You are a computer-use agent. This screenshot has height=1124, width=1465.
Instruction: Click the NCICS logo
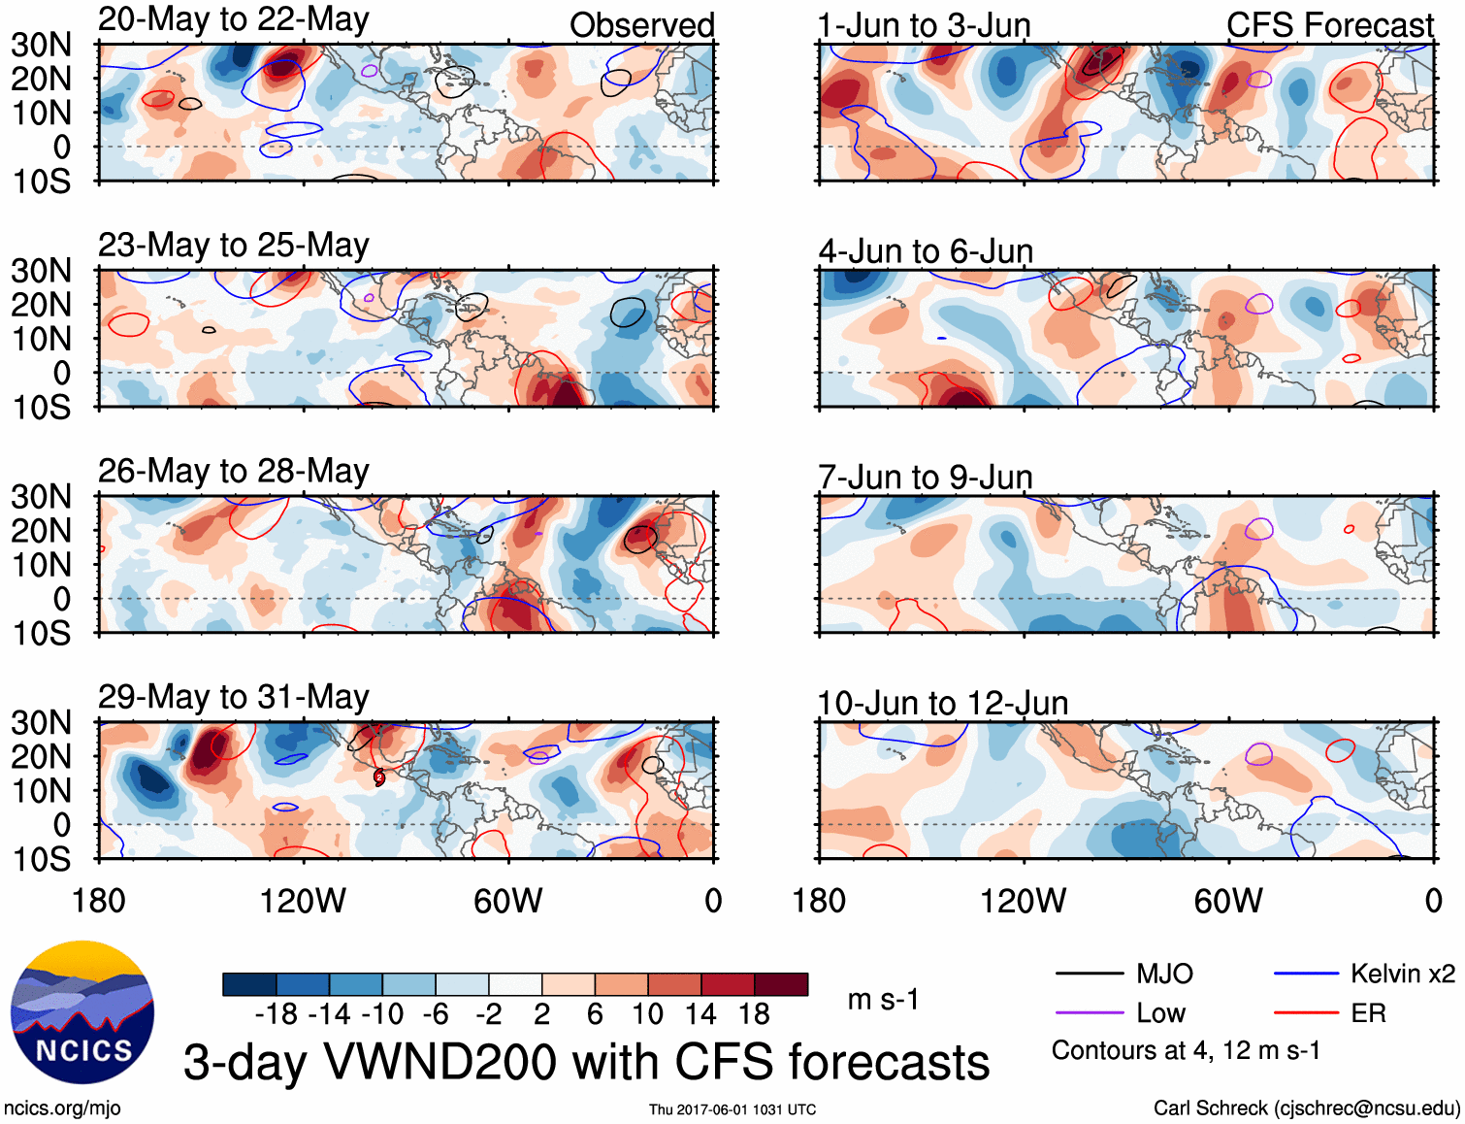[82, 1012]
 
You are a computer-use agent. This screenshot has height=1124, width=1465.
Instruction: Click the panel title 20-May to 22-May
[233, 19]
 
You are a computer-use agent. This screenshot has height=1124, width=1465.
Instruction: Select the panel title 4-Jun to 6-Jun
[926, 251]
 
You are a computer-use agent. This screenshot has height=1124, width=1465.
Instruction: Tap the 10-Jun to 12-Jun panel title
[942, 703]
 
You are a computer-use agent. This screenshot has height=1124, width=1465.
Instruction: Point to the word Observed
[641, 25]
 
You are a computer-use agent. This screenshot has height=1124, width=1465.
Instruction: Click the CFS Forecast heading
[1329, 25]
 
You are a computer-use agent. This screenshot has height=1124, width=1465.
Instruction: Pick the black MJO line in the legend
[1089, 974]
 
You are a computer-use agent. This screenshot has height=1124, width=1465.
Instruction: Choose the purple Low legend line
[1089, 1013]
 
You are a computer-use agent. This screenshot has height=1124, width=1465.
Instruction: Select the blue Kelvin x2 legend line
[1306, 974]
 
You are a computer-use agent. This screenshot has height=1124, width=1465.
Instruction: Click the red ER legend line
[1306, 1013]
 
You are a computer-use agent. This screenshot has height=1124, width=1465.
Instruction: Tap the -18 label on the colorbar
[277, 1014]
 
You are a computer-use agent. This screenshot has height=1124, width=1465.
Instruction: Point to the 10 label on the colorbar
[647, 1014]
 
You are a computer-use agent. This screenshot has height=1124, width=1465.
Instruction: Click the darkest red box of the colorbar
[781, 984]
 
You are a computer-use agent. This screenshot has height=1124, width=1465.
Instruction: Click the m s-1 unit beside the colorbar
[883, 1000]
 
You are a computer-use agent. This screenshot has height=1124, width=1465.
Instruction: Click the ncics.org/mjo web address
[62, 1108]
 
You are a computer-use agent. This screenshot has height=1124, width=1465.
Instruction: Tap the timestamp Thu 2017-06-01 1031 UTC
[732, 1109]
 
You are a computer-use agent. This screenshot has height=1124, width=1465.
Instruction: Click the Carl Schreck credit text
[1306, 1108]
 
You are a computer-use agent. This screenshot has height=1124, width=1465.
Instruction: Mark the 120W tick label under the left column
[303, 901]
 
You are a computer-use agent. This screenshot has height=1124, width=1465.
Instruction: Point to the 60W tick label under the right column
[1228, 901]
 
